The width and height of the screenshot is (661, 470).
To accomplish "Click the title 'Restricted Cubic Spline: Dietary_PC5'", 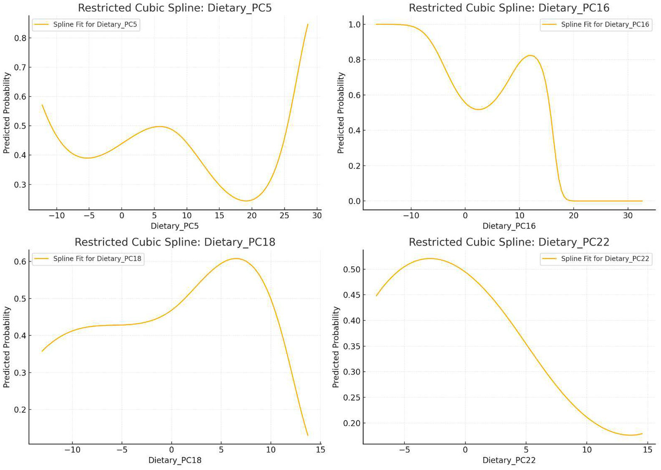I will pyautogui.click(x=175, y=8).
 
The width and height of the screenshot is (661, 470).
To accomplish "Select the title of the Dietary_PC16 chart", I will pyautogui.click(x=509, y=8).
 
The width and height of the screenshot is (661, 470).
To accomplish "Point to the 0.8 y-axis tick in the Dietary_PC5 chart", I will pyautogui.click(x=20, y=38).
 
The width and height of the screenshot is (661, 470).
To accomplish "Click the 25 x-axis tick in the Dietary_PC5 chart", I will pyautogui.click(x=284, y=215).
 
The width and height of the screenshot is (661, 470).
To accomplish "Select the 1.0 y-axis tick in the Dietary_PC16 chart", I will pyautogui.click(x=354, y=25).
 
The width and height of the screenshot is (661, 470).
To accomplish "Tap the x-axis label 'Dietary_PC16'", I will pyautogui.click(x=509, y=226).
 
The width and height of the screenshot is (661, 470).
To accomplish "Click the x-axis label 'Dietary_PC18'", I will pyautogui.click(x=175, y=460).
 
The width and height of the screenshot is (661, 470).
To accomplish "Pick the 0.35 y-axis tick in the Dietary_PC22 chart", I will pyautogui.click(x=352, y=346).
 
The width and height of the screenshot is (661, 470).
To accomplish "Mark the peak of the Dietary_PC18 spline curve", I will pyautogui.click(x=236, y=258).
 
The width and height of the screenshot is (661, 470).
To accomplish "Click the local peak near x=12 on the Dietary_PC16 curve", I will pyautogui.click(x=531, y=56).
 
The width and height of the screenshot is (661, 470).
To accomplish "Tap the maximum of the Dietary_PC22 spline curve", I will pyautogui.click(x=429, y=258).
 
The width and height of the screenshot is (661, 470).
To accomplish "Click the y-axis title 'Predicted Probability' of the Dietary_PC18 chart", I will pyautogui.click(x=6, y=347).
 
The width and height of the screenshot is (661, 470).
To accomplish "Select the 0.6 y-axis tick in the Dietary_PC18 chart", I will pyautogui.click(x=20, y=261).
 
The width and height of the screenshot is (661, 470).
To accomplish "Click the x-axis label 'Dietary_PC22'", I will pyautogui.click(x=509, y=460).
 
